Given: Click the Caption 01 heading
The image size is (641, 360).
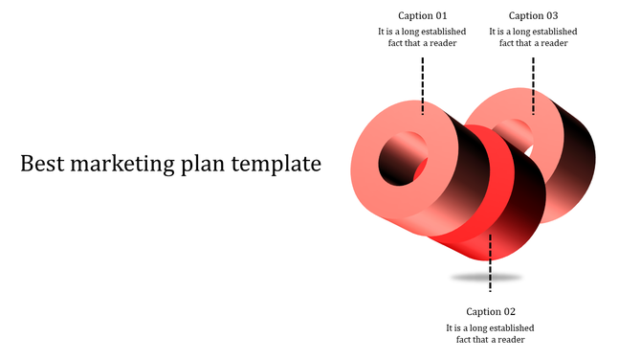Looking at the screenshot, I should point(422,15).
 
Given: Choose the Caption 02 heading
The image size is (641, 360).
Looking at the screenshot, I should point(491,311).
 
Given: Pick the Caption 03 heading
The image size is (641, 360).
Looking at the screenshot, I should point(533,15).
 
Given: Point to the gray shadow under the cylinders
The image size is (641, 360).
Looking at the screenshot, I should point(487,278).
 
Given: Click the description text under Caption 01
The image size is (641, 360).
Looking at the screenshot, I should point(422,37).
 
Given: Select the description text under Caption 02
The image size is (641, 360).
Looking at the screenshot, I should point(491,333).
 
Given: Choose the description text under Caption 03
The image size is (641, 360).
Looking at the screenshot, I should point(533,37).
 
